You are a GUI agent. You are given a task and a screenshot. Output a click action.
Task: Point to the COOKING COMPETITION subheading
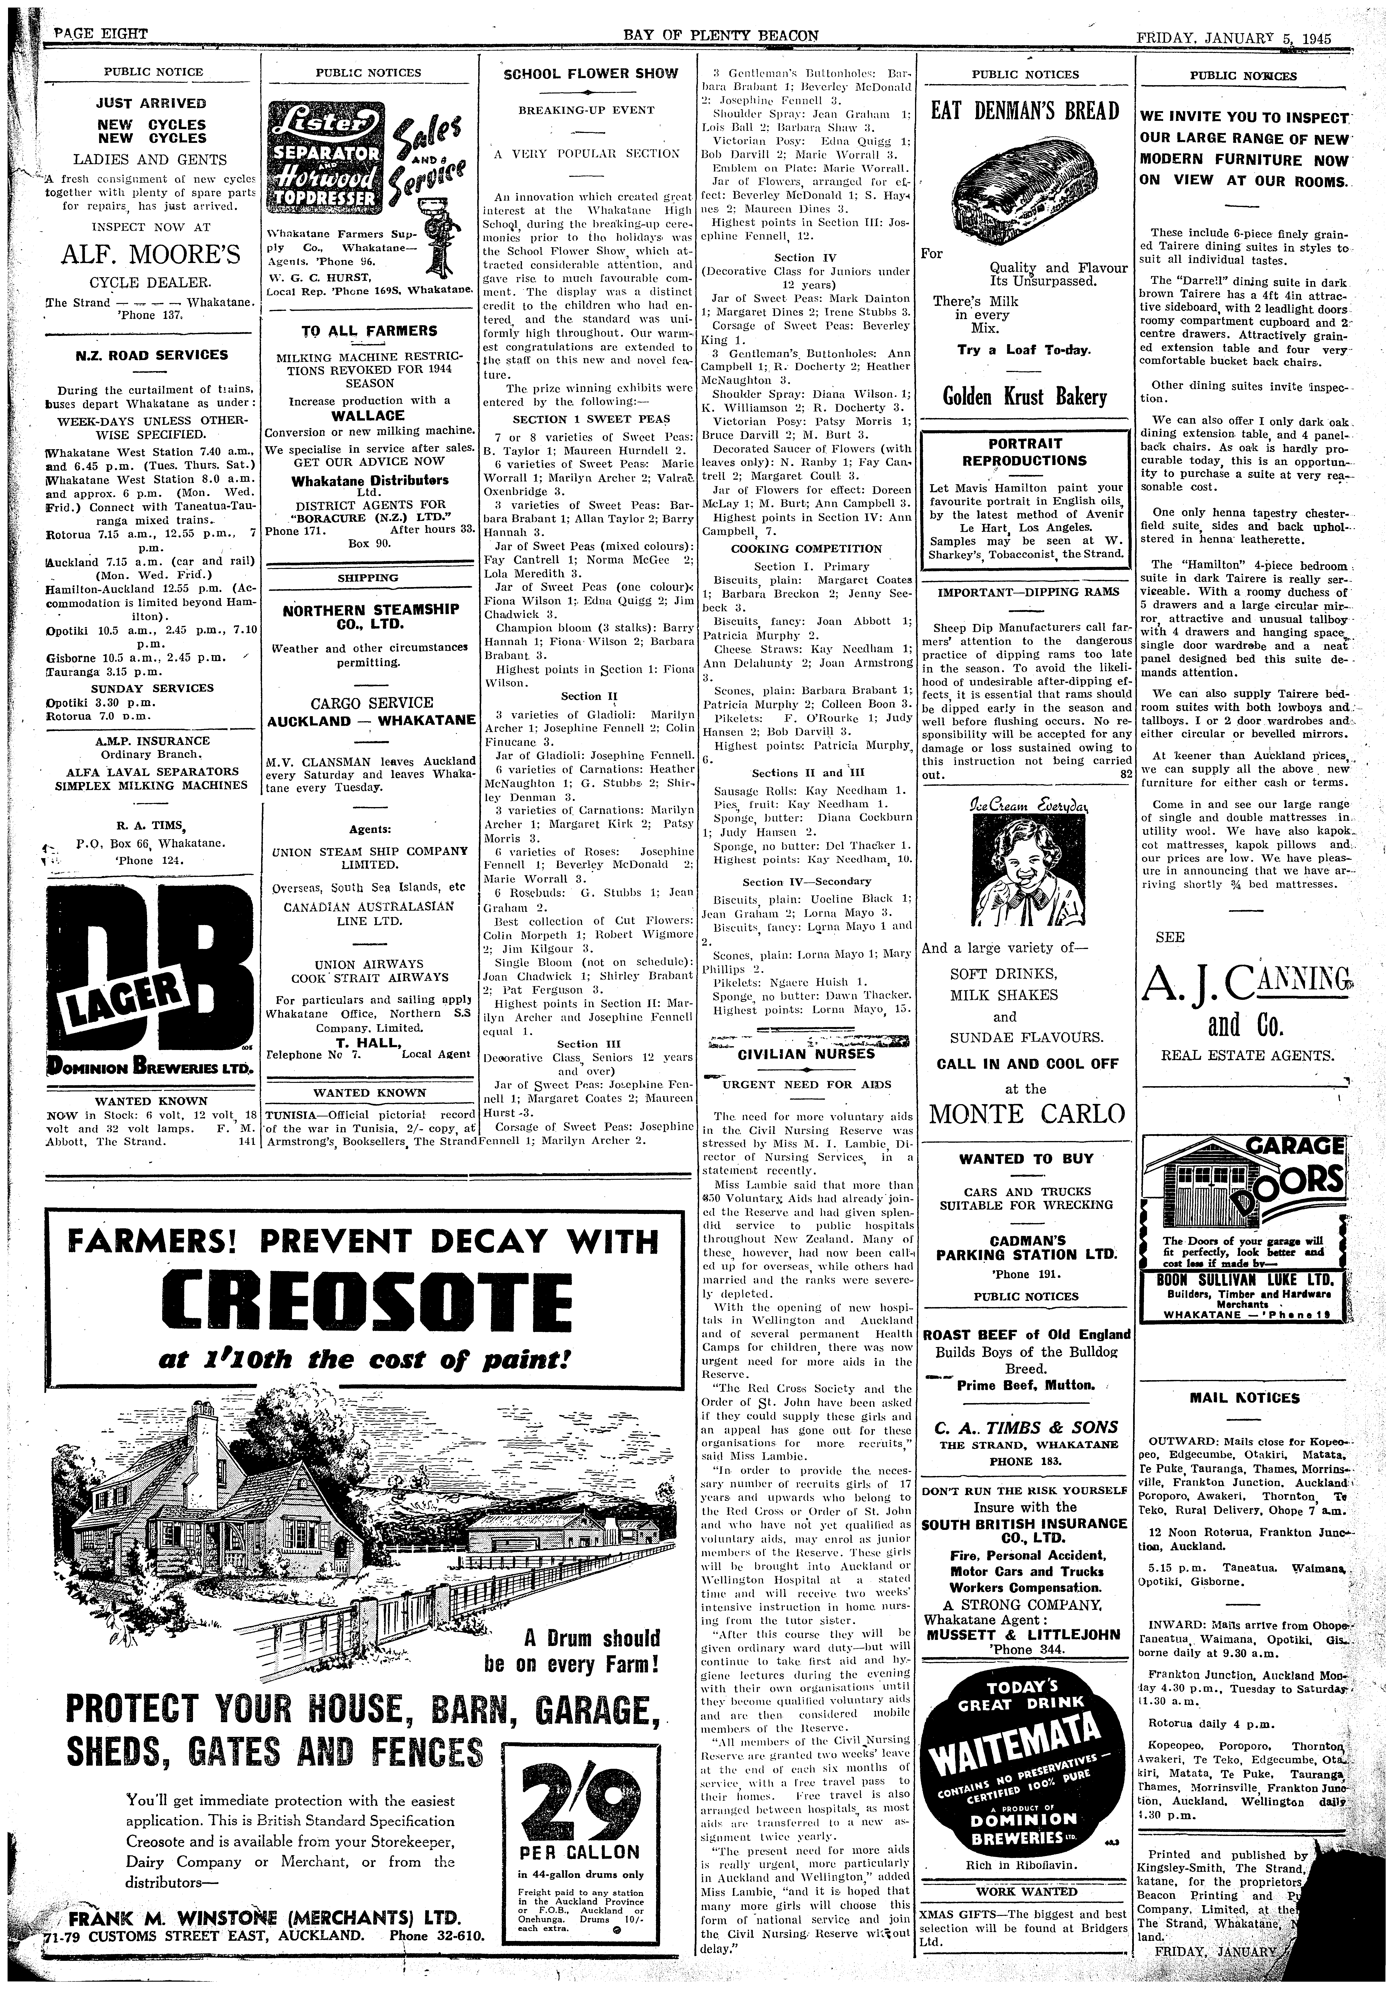(x=806, y=548)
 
